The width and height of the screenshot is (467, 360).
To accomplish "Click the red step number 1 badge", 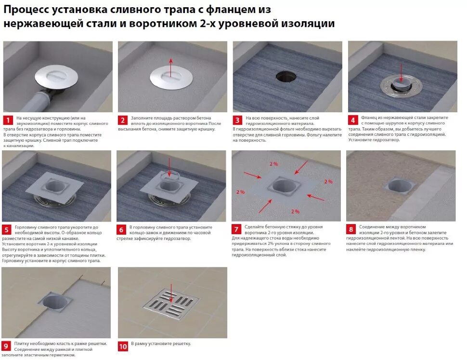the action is pyautogui.click(x=8, y=120).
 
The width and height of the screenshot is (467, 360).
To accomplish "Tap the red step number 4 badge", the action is pyautogui.click(x=353, y=120).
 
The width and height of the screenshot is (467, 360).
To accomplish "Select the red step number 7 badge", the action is pyautogui.click(x=236, y=229).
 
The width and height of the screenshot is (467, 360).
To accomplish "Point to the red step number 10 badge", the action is pyautogui.click(x=123, y=347).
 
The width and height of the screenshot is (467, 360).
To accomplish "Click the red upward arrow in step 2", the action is pyautogui.click(x=170, y=68).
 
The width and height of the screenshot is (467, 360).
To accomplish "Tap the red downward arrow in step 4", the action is pyautogui.click(x=401, y=72).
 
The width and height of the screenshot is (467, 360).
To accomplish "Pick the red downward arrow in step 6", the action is pyautogui.click(x=169, y=168).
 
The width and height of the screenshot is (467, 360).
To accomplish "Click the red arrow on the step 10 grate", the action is pyautogui.click(x=171, y=293).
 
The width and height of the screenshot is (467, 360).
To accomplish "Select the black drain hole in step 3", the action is pyautogui.click(x=286, y=76).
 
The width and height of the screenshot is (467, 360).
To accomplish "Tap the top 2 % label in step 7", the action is pyautogui.click(x=274, y=164).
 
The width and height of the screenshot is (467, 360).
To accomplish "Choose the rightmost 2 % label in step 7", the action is pyautogui.click(x=328, y=182).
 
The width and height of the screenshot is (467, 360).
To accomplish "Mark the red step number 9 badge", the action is pyautogui.click(x=6, y=346).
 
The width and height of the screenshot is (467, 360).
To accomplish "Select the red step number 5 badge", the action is pyautogui.click(x=7, y=229).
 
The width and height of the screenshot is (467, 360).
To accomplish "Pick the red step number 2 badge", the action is pyautogui.click(x=123, y=120).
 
